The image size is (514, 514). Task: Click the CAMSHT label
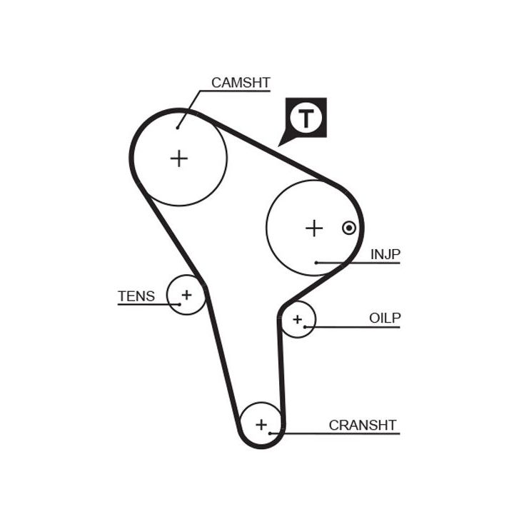pos(241,82)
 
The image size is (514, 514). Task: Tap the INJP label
pos(385,253)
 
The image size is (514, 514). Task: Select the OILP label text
pos(385,318)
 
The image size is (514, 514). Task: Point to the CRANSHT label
pos(362,425)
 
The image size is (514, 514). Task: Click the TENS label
pos(136,296)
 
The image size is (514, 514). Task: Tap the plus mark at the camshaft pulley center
pos(178,158)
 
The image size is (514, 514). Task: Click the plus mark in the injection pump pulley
pos(314,228)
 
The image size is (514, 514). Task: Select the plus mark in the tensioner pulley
pos(186,293)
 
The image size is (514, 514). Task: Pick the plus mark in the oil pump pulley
pos(298,318)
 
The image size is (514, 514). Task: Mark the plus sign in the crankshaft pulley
pos(261,425)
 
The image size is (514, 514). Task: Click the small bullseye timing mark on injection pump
pos(348,228)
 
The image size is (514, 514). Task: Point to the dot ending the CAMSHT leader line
pos(177,128)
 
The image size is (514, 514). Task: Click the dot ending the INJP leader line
pos(316,263)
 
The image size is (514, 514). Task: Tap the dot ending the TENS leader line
pos(179,304)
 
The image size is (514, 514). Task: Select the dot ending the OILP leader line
pos(305,327)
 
